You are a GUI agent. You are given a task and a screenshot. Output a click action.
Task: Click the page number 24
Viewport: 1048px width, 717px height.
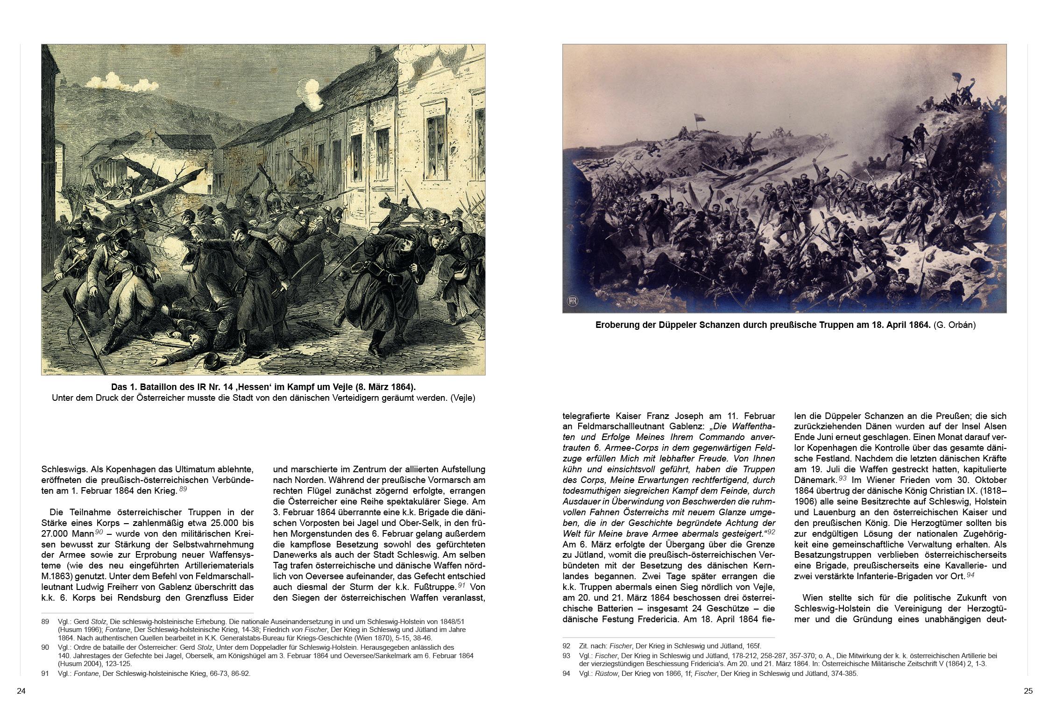pyautogui.click(x=21, y=691)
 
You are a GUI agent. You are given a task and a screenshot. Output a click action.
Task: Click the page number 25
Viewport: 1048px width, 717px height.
pyautogui.click(x=1028, y=691)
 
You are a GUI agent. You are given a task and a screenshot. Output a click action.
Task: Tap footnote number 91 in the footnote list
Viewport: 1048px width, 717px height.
pyautogui.click(x=45, y=674)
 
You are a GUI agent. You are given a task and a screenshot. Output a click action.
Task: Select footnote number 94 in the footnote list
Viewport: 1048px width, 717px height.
pyautogui.click(x=566, y=674)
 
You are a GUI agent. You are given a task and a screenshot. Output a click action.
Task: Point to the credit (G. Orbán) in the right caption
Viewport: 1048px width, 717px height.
pyautogui.click(x=955, y=325)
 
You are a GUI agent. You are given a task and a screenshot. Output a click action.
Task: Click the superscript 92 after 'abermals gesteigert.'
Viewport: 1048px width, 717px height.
pyautogui.click(x=771, y=532)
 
